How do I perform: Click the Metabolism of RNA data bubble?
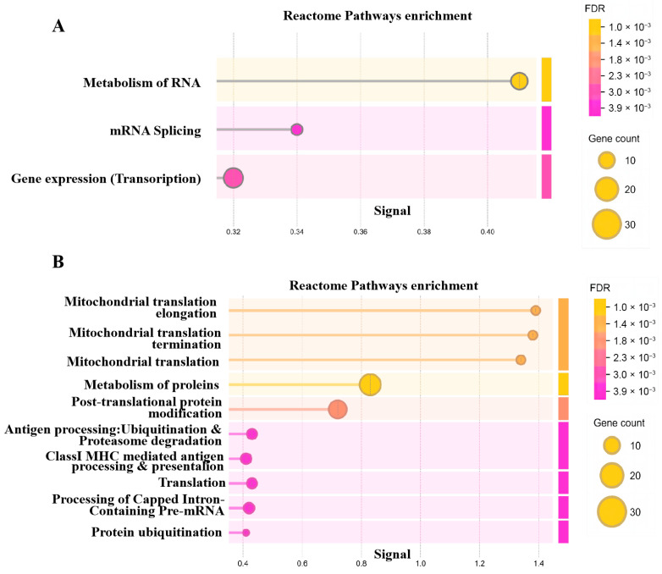pyautogui.click(x=519, y=80)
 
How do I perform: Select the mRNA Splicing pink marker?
pyautogui.click(x=297, y=130)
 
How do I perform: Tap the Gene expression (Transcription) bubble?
pyautogui.click(x=233, y=178)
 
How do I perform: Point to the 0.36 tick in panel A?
pyautogui.click(x=360, y=232)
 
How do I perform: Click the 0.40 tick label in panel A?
pyautogui.click(x=488, y=232)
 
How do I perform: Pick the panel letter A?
pyautogui.click(x=58, y=26)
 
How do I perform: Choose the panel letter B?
pyautogui.click(x=58, y=262)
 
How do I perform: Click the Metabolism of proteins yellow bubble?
pyautogui.click(x=370, y=384)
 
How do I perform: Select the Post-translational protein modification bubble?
pyautogui.click(x=337, y=409)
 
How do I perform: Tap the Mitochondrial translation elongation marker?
pyautogui.click(x=536, y=311)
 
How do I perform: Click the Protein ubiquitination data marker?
pyautogui.click(x=245, y=533)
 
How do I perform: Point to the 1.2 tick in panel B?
pyautogui.click(x=479, y=564)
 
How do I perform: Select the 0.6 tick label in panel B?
pyautogui.click(x=302, y=564)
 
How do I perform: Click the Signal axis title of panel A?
pyautogui.click(x=392, y=211)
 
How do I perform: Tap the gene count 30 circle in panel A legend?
pyautogui.click(x=606, y=224)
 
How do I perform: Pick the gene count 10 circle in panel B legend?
pyautogui.click(x=611, y=445)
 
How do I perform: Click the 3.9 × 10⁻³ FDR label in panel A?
pyautogui.click(x=629, y=108)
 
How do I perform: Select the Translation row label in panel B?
pyautogui.click(x=191, y=483)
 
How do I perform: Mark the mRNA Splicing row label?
pyautogui.click(x=156, y=131)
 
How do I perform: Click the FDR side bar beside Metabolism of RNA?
pyautogui.click(x=546, y=80)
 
